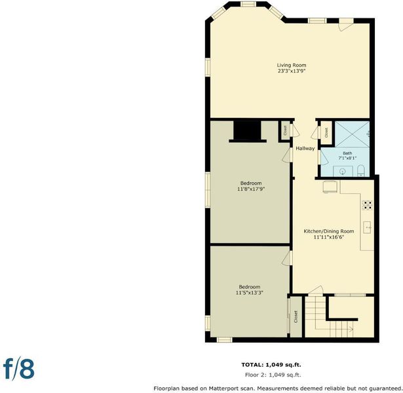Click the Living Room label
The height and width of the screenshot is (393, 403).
(292, 65)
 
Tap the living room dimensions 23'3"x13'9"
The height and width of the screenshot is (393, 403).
(292, 71)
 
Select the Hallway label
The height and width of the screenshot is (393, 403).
(305, 149)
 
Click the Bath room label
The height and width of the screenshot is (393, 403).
(347, 153)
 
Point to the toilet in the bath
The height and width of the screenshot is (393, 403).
(361, 171)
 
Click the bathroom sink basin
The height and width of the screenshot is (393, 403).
(343, 172)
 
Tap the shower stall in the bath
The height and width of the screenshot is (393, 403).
(352, 134)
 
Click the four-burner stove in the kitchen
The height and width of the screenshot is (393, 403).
(367, 205)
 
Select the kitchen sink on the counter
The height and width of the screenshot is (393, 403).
(367, 227)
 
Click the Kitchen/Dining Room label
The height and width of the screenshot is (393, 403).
(329, 231)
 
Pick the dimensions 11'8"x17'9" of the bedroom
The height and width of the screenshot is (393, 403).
(251, 189)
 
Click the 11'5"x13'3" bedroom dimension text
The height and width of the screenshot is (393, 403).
(249, 293)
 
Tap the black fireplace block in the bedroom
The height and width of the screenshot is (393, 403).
(247, 131)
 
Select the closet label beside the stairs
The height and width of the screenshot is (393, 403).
(296, 317)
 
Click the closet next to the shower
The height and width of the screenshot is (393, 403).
(326, 133)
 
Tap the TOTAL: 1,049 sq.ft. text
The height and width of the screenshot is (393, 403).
(271, 365)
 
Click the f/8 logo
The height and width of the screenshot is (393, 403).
(18, 369)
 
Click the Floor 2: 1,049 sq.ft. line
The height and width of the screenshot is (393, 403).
(273, 375)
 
